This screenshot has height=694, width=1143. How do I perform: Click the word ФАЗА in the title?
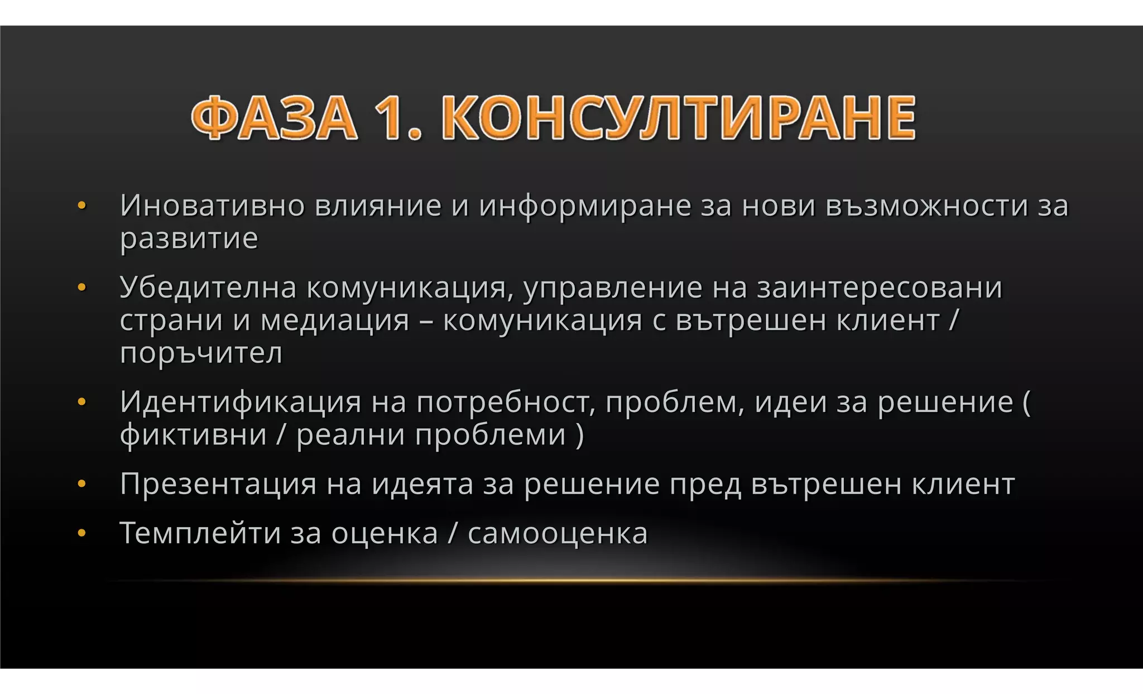point(273,118)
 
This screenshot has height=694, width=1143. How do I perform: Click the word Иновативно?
point(212,205)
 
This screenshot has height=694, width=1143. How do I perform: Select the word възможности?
point(926,205)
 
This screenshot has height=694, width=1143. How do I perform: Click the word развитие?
point(189,239)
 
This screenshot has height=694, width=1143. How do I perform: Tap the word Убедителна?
point(208,288)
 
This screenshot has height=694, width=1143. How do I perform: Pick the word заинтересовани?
point(880,288)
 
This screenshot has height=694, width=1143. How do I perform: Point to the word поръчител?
point(201,353)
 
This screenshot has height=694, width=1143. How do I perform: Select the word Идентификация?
point(241,402)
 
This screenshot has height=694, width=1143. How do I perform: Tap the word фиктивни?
point(193,435)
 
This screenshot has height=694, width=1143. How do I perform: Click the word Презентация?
point(218,484)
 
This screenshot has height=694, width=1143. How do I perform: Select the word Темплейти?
point(200,533)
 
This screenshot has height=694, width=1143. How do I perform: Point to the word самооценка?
point(558,533)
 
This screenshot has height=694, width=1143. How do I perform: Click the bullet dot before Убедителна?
point(81,288)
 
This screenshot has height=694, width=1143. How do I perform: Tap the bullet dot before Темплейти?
point(81,533)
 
